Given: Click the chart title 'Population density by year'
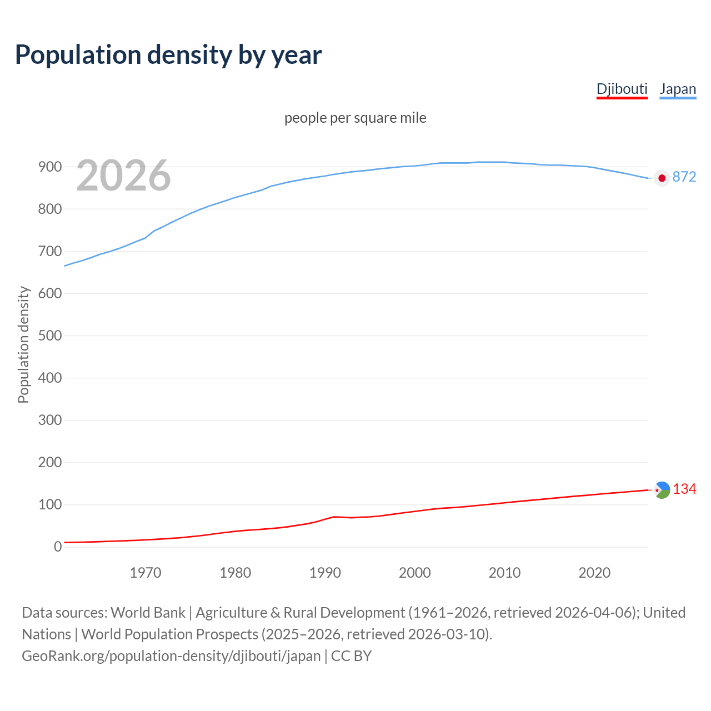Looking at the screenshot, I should (168, 55).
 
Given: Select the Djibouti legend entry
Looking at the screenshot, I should (622, 89).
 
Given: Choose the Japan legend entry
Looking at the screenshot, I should (678, 89).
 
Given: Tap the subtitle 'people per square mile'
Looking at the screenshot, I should (355, 118).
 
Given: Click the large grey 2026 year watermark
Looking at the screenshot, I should (123, 176).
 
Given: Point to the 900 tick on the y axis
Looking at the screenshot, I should (49, 167).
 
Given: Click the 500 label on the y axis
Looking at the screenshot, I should (49, 336).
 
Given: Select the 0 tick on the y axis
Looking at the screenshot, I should (58, 547).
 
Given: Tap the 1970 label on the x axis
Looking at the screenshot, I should (146, 573).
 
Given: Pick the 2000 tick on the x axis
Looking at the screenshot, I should (415, 573).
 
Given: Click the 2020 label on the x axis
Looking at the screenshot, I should (594, 573).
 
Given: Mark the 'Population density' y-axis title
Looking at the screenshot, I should (23, 344).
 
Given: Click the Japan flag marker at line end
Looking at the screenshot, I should (662, 178).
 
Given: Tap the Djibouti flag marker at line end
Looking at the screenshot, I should (662, 490).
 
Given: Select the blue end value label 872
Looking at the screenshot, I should (684, 177).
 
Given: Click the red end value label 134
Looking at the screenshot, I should (684, 489).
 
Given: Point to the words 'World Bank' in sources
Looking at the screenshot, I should (148, 613).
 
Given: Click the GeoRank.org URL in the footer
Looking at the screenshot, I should (171, 656).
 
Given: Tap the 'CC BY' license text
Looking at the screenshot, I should (351, 656).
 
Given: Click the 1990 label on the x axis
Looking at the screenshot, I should (325, 573).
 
